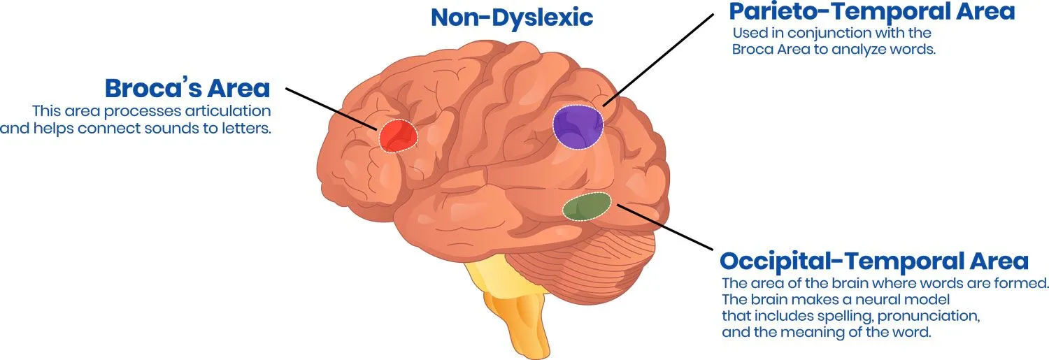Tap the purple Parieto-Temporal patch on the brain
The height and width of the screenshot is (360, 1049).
point(578,126)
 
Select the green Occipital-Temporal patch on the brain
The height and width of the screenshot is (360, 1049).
point(587,206)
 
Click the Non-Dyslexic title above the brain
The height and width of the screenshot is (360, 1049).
point(512,17)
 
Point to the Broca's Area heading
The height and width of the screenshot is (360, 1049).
point(187,89)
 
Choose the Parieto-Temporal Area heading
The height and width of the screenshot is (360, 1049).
point(871,12)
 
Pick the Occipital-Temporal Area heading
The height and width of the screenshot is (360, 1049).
point(874,261)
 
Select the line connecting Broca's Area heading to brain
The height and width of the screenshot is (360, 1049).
point(329,108)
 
